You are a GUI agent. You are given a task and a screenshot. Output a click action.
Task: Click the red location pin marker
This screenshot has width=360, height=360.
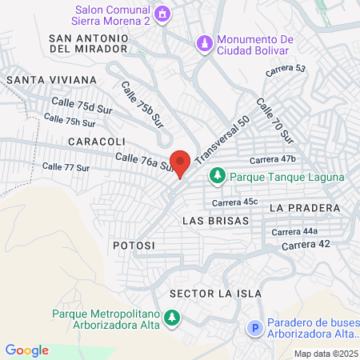tap(180, 163)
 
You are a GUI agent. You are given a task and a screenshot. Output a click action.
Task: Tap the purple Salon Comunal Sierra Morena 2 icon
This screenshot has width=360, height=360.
tap(164, 14)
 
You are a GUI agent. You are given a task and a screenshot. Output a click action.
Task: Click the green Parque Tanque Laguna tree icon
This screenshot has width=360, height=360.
tap(216, 175)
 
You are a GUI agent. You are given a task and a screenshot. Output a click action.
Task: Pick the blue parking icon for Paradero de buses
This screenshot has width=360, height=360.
tap(255, 328)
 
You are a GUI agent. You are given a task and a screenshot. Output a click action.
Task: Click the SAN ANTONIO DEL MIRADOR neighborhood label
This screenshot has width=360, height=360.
tap(88, 43)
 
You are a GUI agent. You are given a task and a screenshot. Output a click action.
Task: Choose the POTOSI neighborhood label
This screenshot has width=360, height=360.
tap(134, 245)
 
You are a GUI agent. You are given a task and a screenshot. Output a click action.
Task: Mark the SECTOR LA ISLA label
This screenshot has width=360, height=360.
tap(216, 294)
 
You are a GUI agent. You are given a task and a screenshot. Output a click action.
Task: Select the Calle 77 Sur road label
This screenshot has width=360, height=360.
tap(66, 167)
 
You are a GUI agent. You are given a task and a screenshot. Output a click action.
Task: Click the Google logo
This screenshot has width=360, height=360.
tap(27, 350)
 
